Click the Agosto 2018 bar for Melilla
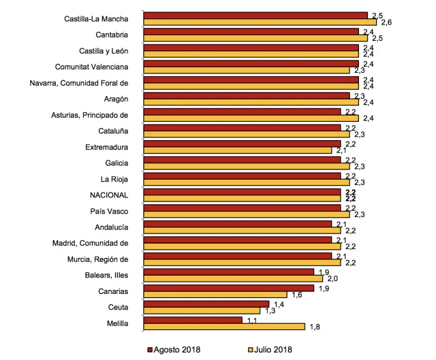coord(193,319)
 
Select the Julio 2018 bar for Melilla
coord(225,327)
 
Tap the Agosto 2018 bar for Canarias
coord(230,287)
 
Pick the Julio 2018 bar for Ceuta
coord(202,311)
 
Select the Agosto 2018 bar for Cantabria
coord(251,31)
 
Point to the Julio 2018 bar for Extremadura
coord(238,150)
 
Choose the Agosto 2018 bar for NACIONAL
coord(243,191)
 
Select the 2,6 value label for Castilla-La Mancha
coord(385,23)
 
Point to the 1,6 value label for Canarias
coord(296,295)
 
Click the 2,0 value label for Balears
coord(332,279)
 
